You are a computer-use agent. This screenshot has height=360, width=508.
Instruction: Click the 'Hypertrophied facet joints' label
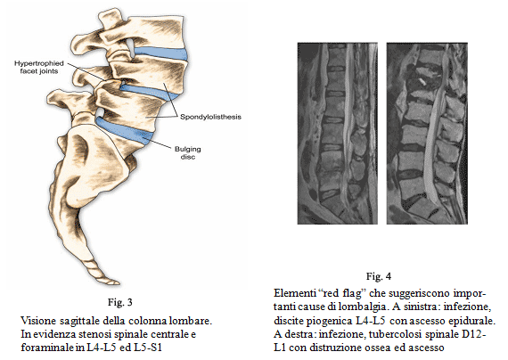pyautogui.click(x=39, y=68)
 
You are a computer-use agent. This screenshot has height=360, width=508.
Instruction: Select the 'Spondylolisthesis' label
pyautogui.click(x=210, y=117)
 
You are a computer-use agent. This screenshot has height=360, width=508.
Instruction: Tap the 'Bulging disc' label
pyautogui.click(x=187, y=153)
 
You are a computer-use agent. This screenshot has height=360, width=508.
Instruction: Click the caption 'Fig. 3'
pyautogui.click(x=120, y=302)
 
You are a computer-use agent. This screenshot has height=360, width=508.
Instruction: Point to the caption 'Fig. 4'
pyautogui.click(x=379, y=276)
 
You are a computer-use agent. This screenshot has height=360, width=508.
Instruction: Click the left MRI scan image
pyautogui.click(x=337, y=133)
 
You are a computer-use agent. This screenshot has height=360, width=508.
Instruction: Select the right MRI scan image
pyautogui.click(x=427, y=133)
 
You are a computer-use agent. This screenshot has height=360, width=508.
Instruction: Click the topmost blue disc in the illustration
pyautogui.click(x=160, y=53)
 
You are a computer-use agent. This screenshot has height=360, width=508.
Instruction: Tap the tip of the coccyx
pyautogui.click(x=118, y=282)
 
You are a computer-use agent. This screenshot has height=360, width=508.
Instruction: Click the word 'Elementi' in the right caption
pyautogui.click(x=293, y=293)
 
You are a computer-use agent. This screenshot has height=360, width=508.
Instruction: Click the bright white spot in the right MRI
pyautogui.click(x=422, y=81)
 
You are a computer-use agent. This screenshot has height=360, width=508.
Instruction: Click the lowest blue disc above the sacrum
pyautogui.click(x=125, y=130)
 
